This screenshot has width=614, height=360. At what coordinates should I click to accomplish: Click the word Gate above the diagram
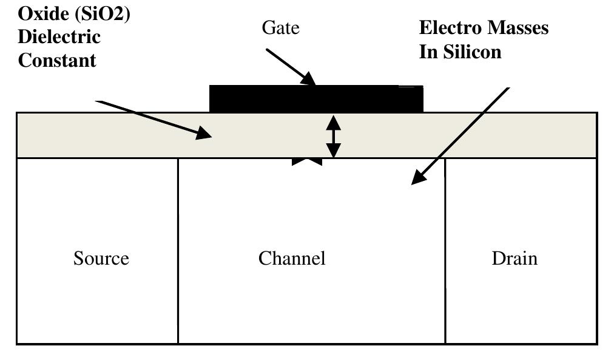(x=280, y=28)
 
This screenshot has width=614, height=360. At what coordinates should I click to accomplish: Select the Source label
(x=101, y=259)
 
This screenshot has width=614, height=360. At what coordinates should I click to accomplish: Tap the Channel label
(x=292, y=259)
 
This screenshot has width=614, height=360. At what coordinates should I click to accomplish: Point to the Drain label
(x=514, y=259)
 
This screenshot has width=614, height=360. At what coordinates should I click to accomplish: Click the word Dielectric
(x=59, y=36)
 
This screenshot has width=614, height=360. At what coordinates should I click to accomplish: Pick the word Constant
(x=57, y=60)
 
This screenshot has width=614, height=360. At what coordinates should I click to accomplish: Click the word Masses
(x=517, y=28)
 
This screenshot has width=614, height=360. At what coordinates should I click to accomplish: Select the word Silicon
(x=476, y=52)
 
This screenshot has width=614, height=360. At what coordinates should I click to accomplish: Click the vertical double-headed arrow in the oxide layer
(x=333, y=137)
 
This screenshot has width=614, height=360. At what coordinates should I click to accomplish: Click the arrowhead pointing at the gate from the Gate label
(x=309, y=79)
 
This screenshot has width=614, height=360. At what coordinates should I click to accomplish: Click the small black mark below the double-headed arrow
(x=306, y=161)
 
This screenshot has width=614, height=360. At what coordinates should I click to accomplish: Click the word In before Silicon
(x=427, y=52)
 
